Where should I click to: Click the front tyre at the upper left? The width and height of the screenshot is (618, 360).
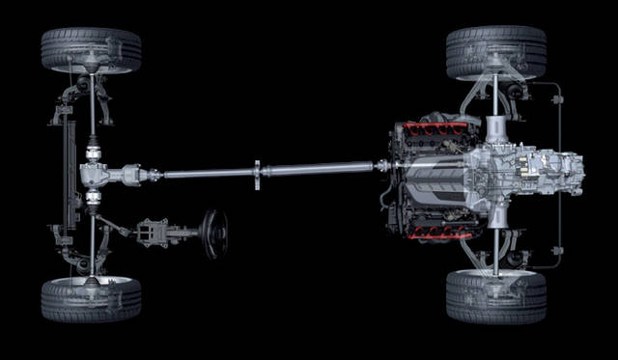(91, 49)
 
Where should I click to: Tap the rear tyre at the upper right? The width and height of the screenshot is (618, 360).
(496, 51)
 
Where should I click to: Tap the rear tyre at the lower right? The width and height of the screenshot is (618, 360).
(496, 296)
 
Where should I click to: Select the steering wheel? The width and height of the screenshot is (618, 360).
(213, 234)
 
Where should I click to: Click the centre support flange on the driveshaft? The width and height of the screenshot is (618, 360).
(258, 175)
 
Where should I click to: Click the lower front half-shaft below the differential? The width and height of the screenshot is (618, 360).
(93, 236)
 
